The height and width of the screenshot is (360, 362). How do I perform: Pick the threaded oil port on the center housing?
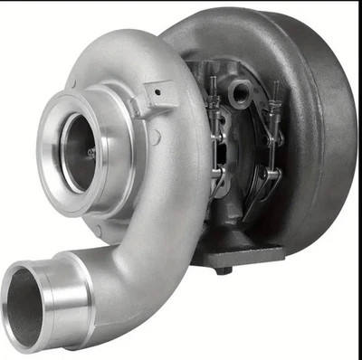click(x=242, y=91)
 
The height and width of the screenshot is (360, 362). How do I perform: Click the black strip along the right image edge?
click(x=358, y=181)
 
